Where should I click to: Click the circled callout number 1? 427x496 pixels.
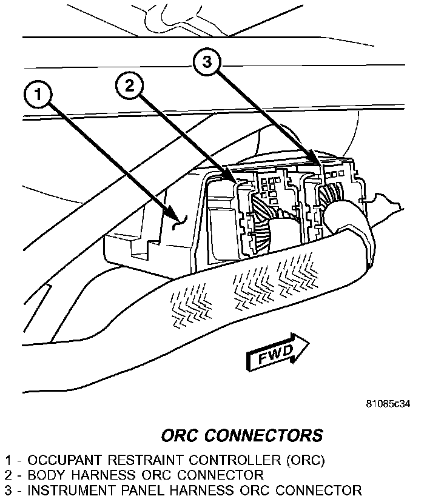[x=38, y=95]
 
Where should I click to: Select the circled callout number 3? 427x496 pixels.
[x=206, y=62]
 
